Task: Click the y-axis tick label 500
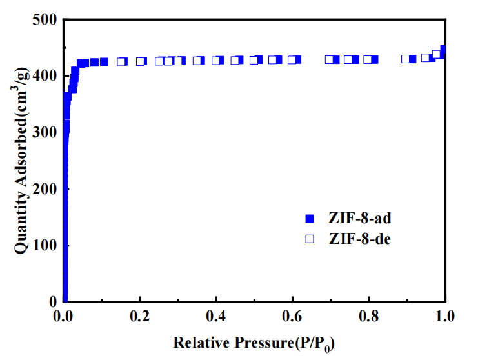click(45, 20)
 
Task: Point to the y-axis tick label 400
click(45, 76)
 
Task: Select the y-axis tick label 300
click(45, 132)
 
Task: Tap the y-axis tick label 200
click(45, 189)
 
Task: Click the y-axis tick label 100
click(45, 245)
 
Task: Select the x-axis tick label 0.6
click(292, 316)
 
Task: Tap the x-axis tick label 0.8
click(369, 316)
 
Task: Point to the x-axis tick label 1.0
click(445, 316)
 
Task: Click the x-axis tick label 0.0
click(64, 316)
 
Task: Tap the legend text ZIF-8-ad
click(360, 217)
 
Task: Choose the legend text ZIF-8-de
click(360, 239)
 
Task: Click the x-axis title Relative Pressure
click(254, 343)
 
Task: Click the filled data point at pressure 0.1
click(104, 62)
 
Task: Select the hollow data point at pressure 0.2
click(141, 61)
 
